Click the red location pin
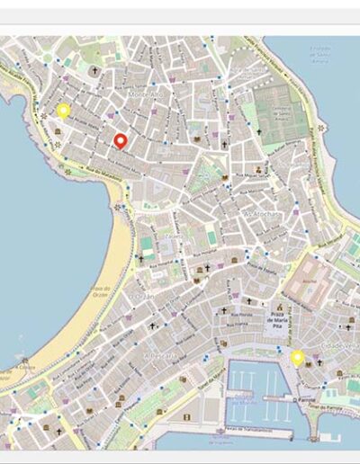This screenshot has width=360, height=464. pyautogui.click(x=120, y=140)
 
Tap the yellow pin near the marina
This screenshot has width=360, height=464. pyautogui.click(x=298, y=358)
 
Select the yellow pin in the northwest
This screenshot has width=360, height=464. pyautogui.click(x=63, y=111)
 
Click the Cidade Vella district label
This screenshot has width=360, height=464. pyautogui.click(x=344, y=344)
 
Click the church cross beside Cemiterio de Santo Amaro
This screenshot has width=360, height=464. pyautogui.click(x=260, y=131)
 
